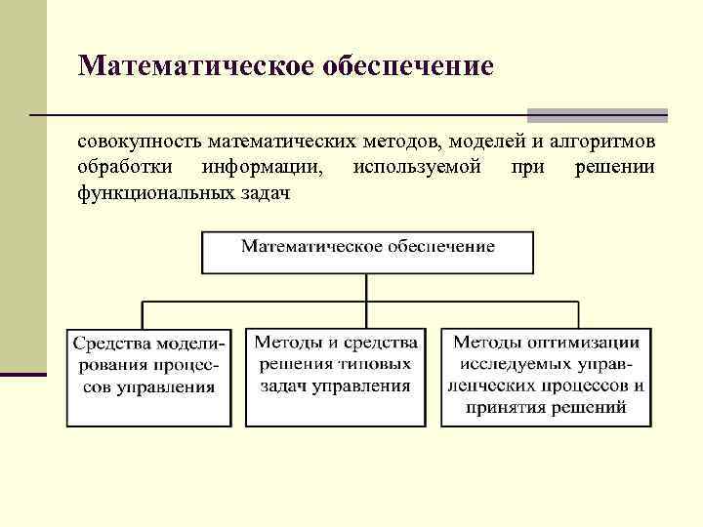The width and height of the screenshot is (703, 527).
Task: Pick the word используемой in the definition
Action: (x=417, y=168)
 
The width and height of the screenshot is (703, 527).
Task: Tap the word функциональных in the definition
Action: (x=152, y=193)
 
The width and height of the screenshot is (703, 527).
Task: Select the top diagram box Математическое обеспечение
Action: (x=367, y=252)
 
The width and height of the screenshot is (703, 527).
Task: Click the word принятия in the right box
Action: (x=509, y=407)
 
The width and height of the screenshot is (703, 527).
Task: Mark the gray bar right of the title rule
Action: (x=597, y=115)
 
